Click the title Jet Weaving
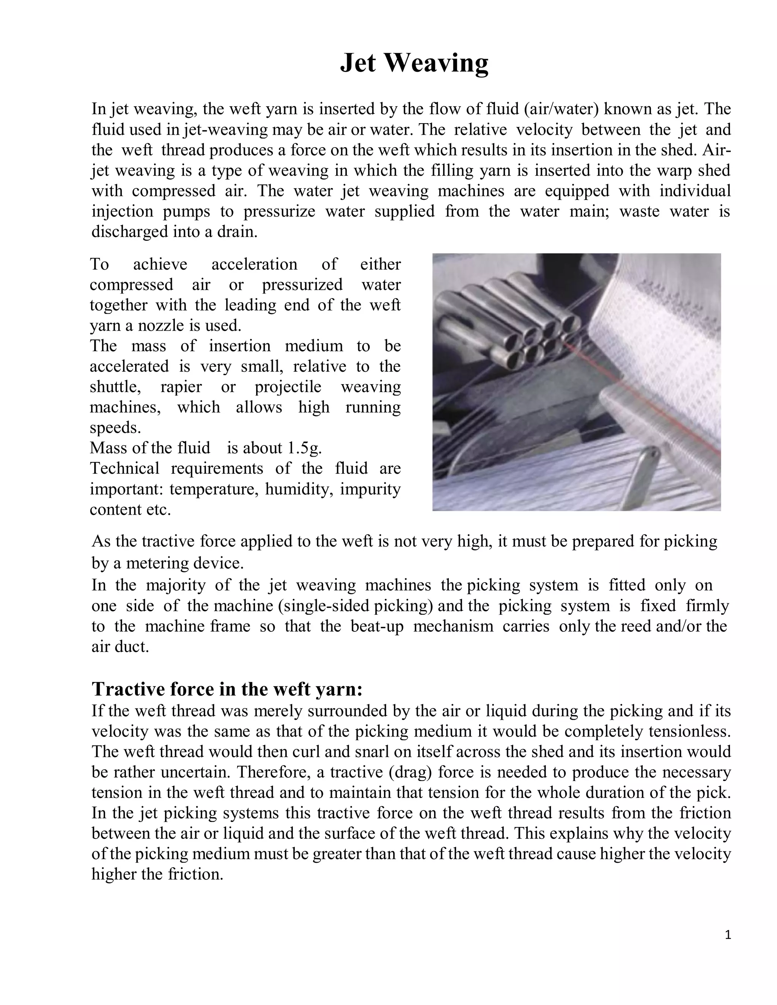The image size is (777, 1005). click(414, 63)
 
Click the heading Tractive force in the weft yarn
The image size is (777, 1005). click(227, 689)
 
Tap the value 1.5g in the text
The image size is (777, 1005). click(304, 448)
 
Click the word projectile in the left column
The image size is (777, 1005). click(288, 386)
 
